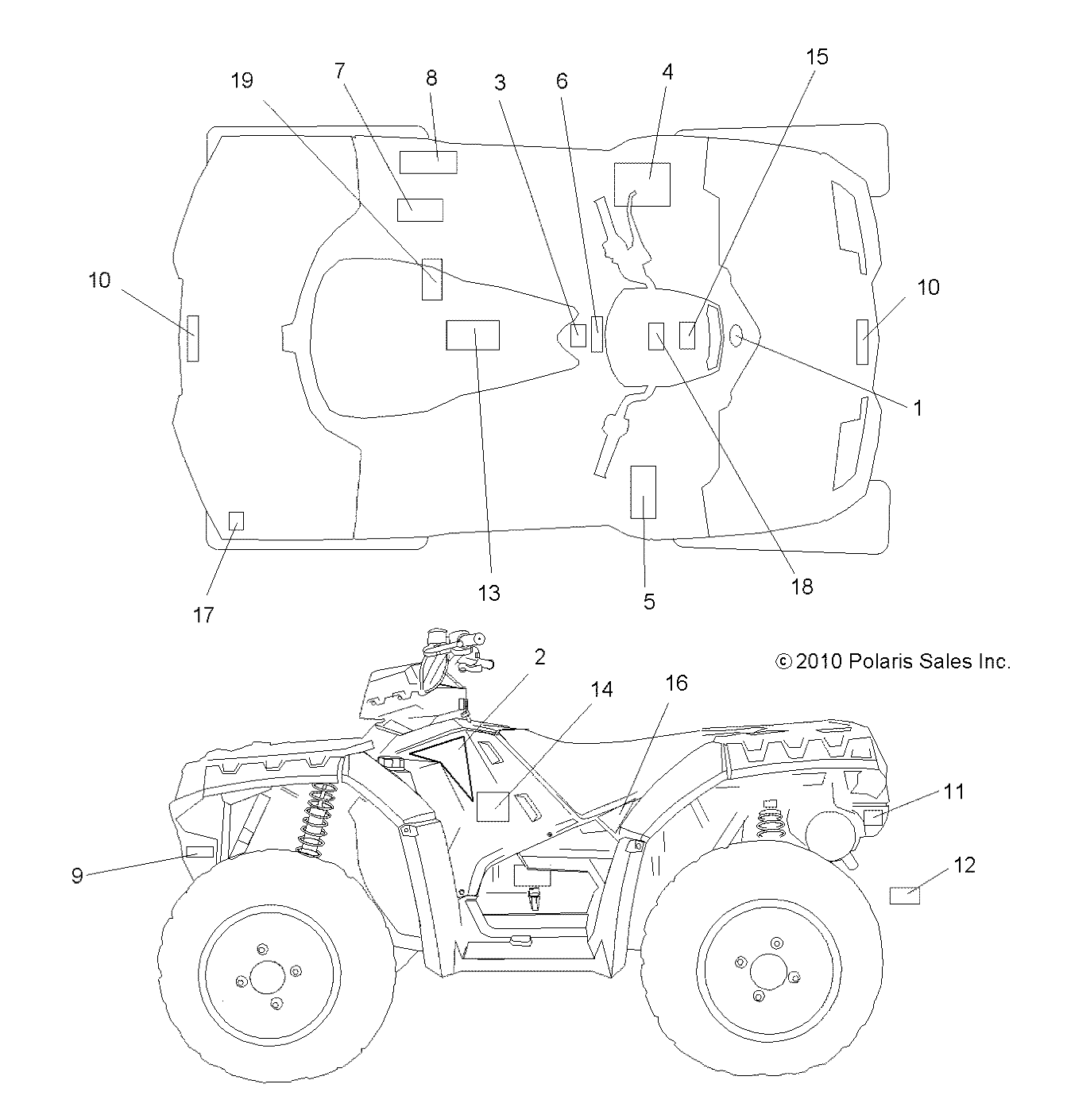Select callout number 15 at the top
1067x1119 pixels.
pyautogui.click(x=817, y=57)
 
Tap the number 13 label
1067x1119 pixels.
pyautogui.click(x=489, y=593)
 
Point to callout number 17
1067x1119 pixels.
pyautogui.click(x=203, y=614)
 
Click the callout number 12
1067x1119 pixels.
pyautogui.click(x=964, y=865)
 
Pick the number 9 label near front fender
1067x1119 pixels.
pyautogui.click(x=77, y=876)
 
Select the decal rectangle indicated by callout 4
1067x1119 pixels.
pyautogui.click(x=642, y=184)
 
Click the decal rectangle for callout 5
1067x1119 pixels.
pyautogui.click(x=643, y=492)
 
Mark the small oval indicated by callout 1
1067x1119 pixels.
pyautogui.click(x=736, y=336)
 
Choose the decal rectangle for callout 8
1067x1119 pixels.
pyautogui.click(x=427, y=161)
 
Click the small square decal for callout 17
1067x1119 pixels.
pyautogui.click(x=236, y=521)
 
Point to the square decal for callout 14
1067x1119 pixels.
pyautogui.click(x=492, y=806)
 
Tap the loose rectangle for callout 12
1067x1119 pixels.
pyautogui.click(x=903, y=896)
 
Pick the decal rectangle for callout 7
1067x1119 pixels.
pyautogui.click(x=419, y=210)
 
